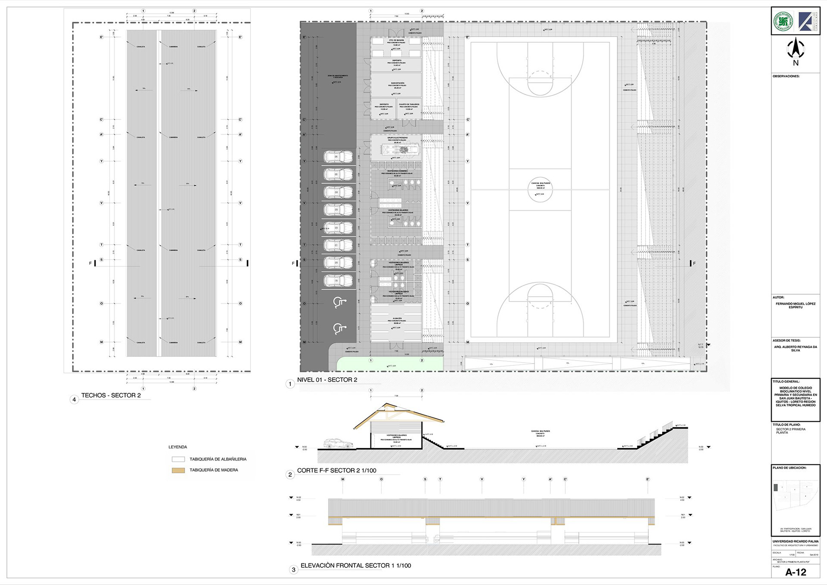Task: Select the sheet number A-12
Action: click(x=796, y=572)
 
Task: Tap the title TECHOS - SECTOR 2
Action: click(x=111, y=395)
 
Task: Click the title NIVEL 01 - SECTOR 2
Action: click(x=327, y=380)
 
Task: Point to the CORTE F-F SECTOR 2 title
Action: click(x=336, y=471)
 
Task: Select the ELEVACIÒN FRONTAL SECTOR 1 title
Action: click(x=355, y=566)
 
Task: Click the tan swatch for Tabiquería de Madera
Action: click(x=178, y=470)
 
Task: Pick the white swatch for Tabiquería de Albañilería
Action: click(x=178, y=459)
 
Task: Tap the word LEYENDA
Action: click(x=177, y=447)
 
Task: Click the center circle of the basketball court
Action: click(x=540, y=190)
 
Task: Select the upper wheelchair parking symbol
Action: click(x=339, y=303)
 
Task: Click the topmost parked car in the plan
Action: click(x=338, y=157)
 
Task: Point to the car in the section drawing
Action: click(x=339, y=443)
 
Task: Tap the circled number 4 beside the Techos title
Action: click(x=74, y=400)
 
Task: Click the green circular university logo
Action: click(x=783, y=21)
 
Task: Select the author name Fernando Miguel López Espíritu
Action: click(x=795, y=305)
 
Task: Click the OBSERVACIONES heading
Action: click(x=786, y=76)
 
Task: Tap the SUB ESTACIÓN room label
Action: click(x=397, y=83)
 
